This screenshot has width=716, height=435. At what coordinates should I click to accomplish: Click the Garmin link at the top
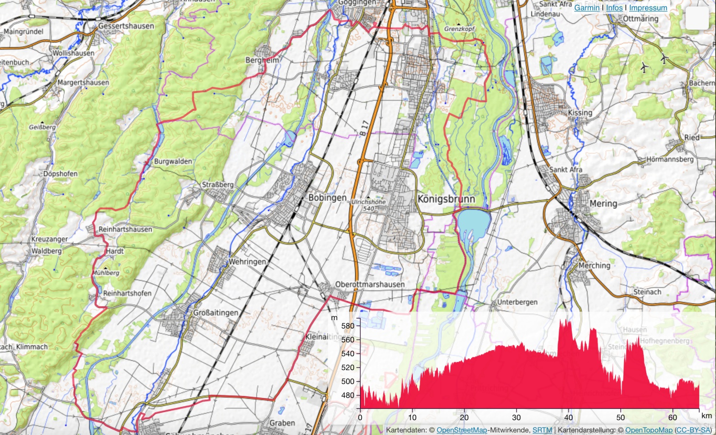587,8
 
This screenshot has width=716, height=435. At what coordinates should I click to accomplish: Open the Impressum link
648,8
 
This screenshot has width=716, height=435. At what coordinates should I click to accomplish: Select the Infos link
614,8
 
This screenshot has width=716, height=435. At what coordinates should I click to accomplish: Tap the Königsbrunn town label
446,199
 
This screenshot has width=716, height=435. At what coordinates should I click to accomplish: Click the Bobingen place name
327,197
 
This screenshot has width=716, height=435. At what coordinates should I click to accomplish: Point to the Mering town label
603,204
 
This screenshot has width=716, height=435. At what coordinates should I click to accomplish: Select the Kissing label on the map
580,113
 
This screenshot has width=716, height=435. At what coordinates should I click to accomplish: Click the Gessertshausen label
126,26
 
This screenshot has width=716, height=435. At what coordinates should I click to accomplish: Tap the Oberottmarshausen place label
370,285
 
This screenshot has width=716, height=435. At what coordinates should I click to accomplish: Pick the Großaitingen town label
216,313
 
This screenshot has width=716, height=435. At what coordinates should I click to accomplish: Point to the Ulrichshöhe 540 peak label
369,205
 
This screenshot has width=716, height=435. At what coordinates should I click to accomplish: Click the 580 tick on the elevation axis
348,326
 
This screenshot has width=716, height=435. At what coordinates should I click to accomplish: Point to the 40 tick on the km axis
569,417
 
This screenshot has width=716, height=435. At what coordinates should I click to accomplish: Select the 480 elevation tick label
348,395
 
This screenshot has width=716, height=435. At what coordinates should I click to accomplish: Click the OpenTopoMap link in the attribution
648,430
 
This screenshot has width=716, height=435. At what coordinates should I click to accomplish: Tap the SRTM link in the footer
542,430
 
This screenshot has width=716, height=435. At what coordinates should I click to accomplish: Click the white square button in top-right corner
697,19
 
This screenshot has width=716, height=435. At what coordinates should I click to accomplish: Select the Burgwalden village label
173,162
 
